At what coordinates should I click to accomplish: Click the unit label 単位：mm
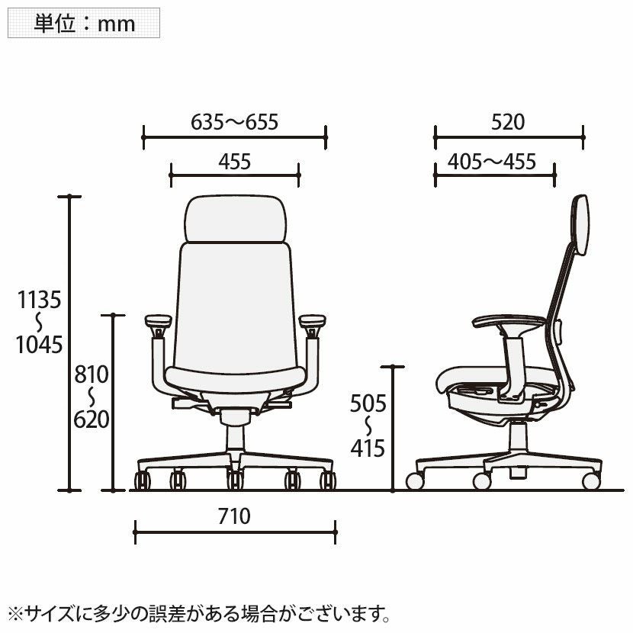click(85, 24)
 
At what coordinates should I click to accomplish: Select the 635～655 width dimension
click(235, 122)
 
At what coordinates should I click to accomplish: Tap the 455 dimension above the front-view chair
click(235, 162)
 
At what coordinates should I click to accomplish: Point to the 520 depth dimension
click(508, 122)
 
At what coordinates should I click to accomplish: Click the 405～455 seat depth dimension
click(492, 162)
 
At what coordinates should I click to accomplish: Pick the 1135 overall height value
click(39, 300)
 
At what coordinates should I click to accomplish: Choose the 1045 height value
click(39, 345)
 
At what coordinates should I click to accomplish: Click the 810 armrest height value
click(92, 374)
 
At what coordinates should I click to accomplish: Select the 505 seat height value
click(368, 403)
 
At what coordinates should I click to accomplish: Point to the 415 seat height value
click(368, 448)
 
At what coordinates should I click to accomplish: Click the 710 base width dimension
click(234, 516)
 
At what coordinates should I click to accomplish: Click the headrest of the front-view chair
click(236, 219)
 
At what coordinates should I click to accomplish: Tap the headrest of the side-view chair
click(580, 224)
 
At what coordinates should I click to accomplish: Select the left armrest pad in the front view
click(159, 321)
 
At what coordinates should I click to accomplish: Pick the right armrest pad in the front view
click(312, 321)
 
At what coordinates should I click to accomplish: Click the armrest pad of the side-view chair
click(509, 321)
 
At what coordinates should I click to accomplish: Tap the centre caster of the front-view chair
click(235, 480)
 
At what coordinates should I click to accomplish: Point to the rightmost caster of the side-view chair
click(591, 481)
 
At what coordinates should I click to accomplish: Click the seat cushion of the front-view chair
click(236, 380)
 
